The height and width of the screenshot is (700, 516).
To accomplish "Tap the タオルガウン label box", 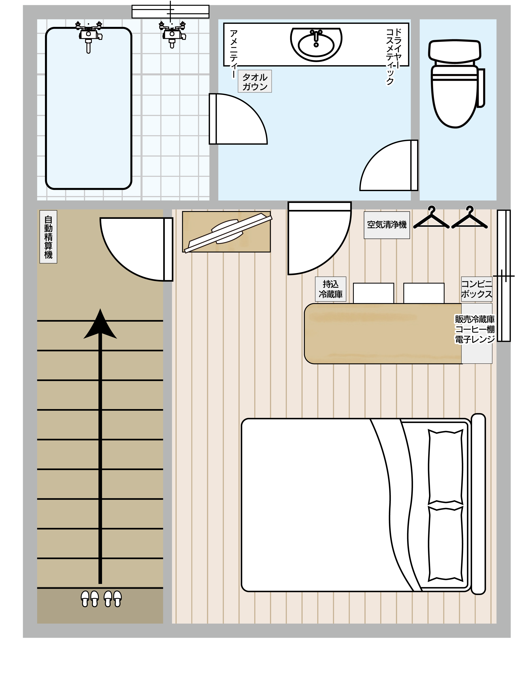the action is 255,81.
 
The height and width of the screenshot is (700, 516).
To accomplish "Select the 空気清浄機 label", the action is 387,225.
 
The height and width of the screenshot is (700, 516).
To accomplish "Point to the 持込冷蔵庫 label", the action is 330,289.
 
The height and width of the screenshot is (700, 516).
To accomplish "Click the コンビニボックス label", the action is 477,289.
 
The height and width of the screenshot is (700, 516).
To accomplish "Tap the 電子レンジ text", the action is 475,339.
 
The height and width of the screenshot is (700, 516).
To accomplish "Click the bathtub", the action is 89,108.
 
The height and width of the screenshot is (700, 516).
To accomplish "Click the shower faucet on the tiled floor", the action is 172,34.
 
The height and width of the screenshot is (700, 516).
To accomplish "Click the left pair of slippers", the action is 90,599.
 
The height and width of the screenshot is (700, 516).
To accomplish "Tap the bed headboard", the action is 478,504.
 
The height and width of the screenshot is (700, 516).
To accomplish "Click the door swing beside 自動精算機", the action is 136,249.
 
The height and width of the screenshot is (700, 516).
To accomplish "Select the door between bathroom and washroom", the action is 238,119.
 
